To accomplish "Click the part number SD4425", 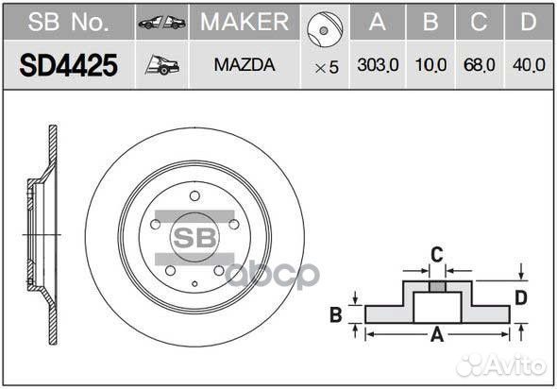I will click(x=69, y=66).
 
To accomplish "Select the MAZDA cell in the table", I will click(x=245, y=66).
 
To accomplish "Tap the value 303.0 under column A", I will click(x=378, y=66).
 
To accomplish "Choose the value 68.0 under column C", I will click(x=479, y=66).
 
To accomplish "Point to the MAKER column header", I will click(x=245, y=21).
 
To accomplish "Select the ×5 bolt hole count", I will click(x=326, y=67).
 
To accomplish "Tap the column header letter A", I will click(x=378, y=21).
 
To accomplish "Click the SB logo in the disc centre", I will click(x=193, y=235).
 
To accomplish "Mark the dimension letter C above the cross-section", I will click(x=436, y=254).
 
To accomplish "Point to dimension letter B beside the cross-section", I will click(x=335, y=315).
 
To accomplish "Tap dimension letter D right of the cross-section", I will click(x=521, y=298).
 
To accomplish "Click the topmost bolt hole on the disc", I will click(x=194, y=196).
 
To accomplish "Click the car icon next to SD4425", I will click(x=160, y=66).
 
